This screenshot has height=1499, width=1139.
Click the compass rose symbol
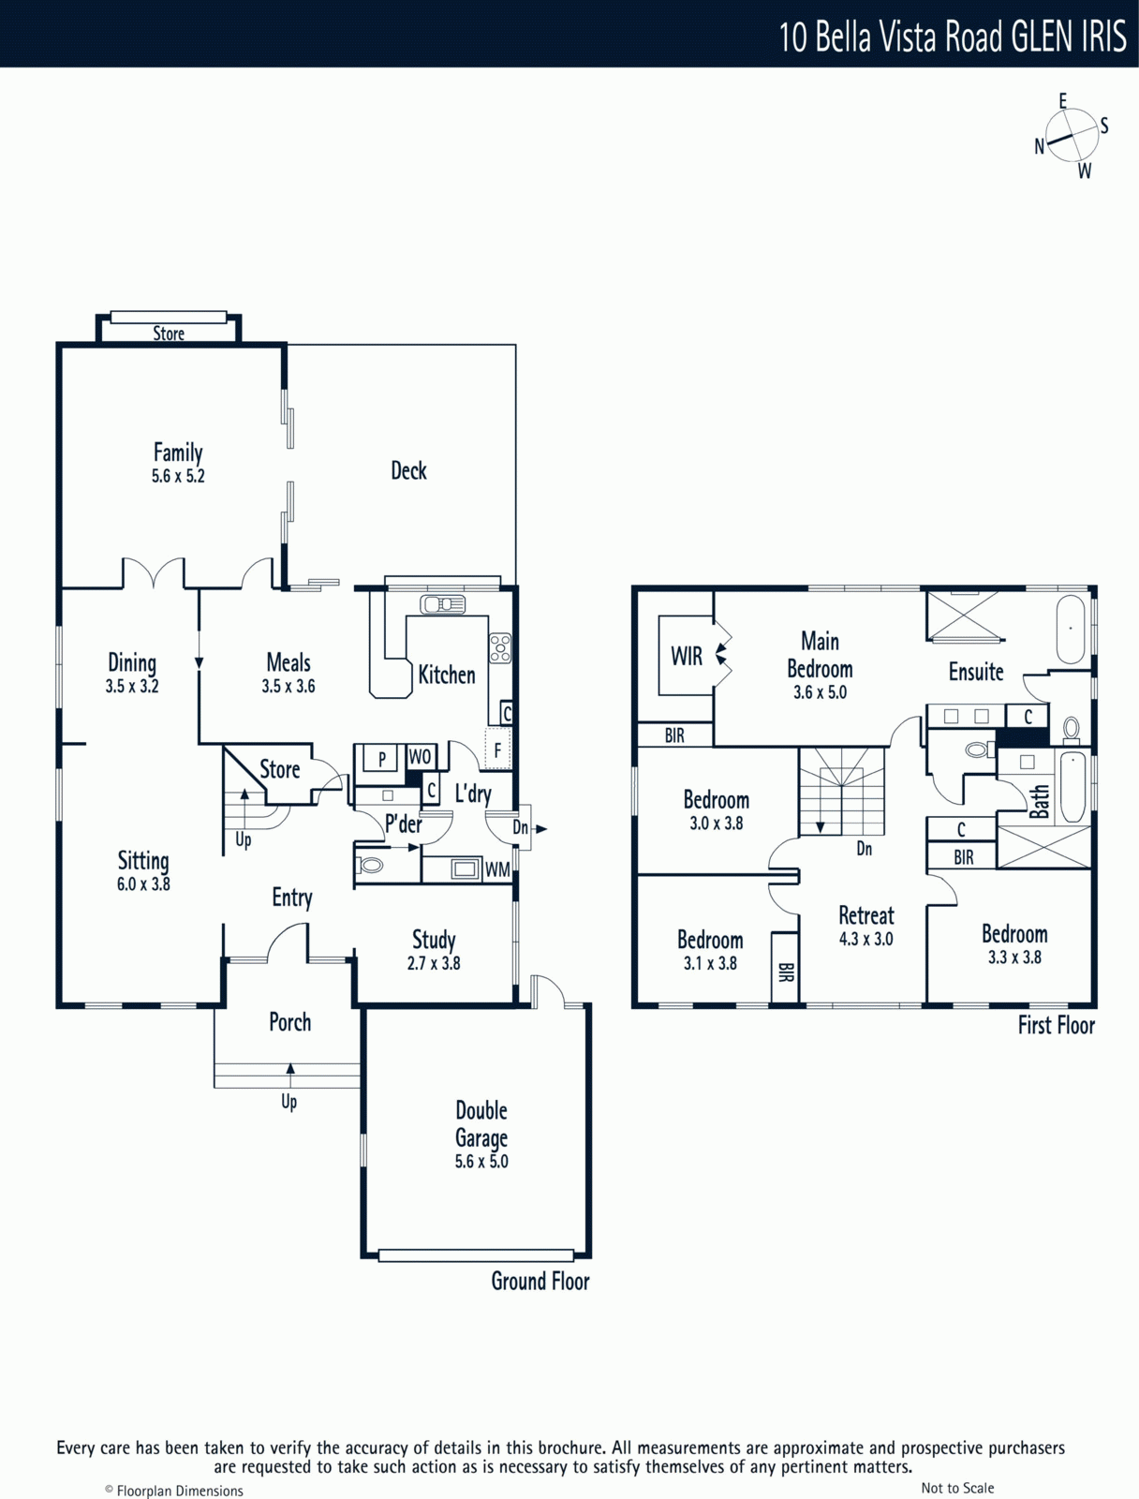click(x=1072, y=136)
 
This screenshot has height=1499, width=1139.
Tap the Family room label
click(x=178, y=453)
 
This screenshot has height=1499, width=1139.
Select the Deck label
click(x=408, y=470)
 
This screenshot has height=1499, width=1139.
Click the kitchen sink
click(x=442, y=604)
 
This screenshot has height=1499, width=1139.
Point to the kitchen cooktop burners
click(x=499, y=648)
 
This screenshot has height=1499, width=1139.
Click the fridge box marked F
click(x=497, y=749)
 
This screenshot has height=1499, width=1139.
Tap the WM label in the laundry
click(x=497, y=870)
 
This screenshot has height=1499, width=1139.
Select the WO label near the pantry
click(x=420, y=757)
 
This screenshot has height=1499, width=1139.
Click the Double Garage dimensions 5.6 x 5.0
click(x=481, y=1162)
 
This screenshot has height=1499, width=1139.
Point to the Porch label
click(x=290, y=1022)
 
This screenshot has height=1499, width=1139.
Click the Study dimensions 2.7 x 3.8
click(x=434, y=964)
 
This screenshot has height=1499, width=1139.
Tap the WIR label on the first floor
click(x=686, y=657)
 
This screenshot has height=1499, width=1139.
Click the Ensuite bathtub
click(x=1071, y=630)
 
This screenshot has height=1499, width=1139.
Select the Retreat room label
click(x=866, y=915)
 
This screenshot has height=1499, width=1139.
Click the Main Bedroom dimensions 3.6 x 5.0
click(x=820, y=692)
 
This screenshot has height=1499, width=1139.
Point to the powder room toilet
click(x=369, y=866)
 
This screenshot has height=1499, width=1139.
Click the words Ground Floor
click(x=540, y=1282)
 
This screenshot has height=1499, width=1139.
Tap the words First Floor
click(x=1057, y=1026)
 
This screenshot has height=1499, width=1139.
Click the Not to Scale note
click(x=957, y=1488)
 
